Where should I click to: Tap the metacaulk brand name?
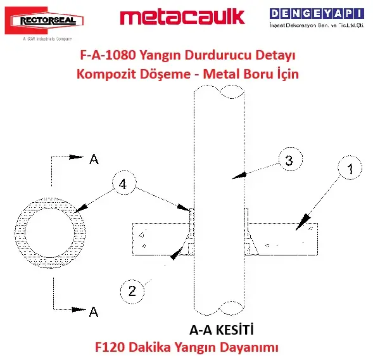(182, 16)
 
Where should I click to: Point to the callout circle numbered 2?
(132, 291)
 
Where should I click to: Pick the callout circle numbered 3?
(289, 160)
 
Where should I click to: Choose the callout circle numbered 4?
(124, 184)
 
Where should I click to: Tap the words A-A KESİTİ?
(221, 330)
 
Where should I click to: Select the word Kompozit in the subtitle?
(103, 74)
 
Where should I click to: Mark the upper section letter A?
(94, 159)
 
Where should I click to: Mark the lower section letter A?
(94, 311)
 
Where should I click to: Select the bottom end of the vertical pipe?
(218, 307)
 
